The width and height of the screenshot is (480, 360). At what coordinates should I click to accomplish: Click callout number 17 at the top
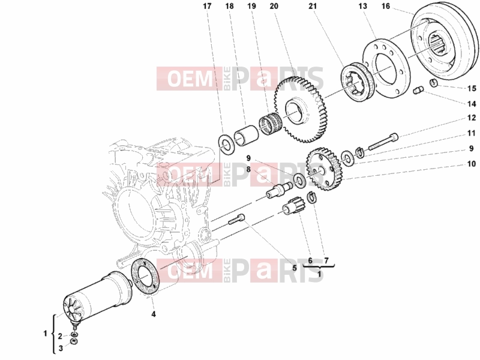(x=207, y=6)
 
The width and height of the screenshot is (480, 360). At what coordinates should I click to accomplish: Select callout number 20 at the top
(x=274, y=6)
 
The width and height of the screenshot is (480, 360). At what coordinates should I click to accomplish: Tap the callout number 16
(x=386, y=6)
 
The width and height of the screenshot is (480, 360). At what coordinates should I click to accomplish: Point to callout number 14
(x=472, y=104)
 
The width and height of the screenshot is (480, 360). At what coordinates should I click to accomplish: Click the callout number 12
(x=472, y=118)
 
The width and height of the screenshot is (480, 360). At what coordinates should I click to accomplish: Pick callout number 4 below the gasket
(x=154, y=314)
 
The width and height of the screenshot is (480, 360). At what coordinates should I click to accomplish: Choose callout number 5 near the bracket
(x=295, y=268)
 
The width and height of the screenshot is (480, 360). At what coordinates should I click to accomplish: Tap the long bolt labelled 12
(x=383, y=142)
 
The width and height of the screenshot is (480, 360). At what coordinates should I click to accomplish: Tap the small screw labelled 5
(x=237, y=219)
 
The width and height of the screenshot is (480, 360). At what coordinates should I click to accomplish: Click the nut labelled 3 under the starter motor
(x=74, y=341)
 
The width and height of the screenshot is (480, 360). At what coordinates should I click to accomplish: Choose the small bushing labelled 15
(x=433, y=82)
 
